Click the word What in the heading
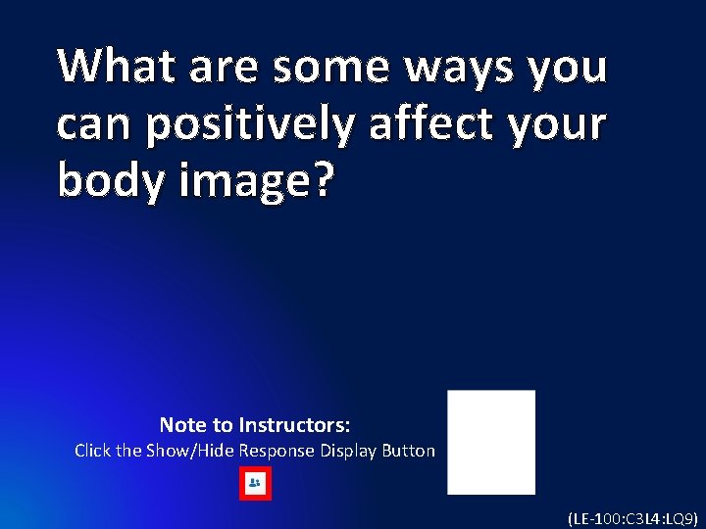pyautogui.click(x=111, y=67)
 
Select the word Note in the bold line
pyautogui.click(x=182, y=425)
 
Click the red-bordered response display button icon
pyautogui.click(x=255, y=484)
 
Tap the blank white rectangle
pyautogui.click(x=491, y=442)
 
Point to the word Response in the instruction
pyautogui.click(x=277, y=452)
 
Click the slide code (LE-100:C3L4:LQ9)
pyautogui.click(x=631, y=517)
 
